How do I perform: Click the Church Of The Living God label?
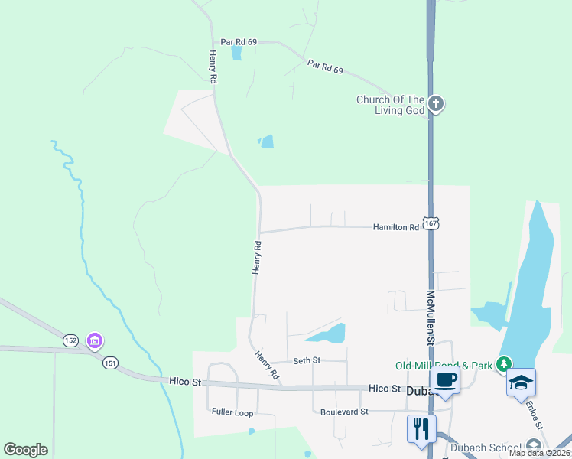(x=390, y=105)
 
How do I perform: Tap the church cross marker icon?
(x=436, y=103)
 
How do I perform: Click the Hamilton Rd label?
(x=396, y=227)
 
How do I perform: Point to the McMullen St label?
(x=431, y=317)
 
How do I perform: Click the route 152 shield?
(x=71, y=340)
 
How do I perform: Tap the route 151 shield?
(x=111, y=363)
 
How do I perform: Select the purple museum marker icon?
(x=95, y=340)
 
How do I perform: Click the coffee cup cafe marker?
(x=445, y=381)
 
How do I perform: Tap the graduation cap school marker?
(x=522, y=382)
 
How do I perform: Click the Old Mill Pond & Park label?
(x=444, y=366)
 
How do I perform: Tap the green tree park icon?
(x=503, y=364)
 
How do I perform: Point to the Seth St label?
(x=307, y=360)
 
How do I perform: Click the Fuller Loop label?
(x=232, y=412)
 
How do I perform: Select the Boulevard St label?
(x=343, y=411)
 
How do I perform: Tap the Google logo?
(x=25, y=450)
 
